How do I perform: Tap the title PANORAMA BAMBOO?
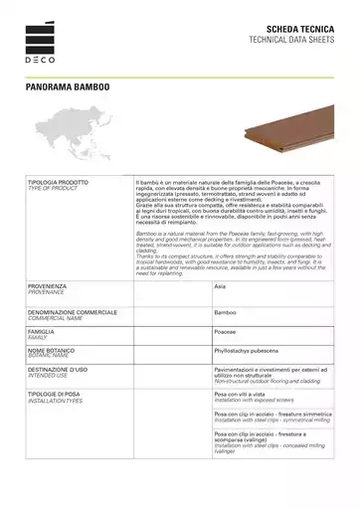[x=68, y=86]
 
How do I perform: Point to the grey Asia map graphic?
[x=80, y=139]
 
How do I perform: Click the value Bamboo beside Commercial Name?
[x=225, y=312]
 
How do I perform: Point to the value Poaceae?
[x=225, y=331]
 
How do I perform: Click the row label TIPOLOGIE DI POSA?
[x=60, y=394]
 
